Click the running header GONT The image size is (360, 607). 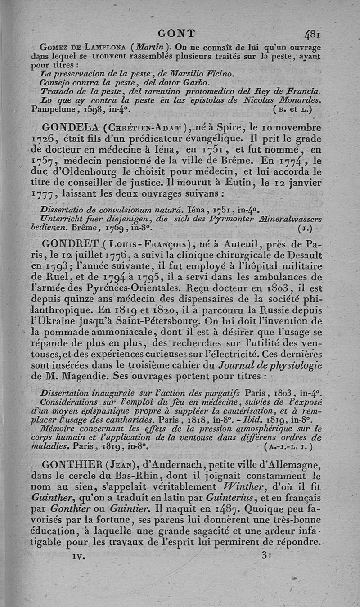click(x=176, y=33)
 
